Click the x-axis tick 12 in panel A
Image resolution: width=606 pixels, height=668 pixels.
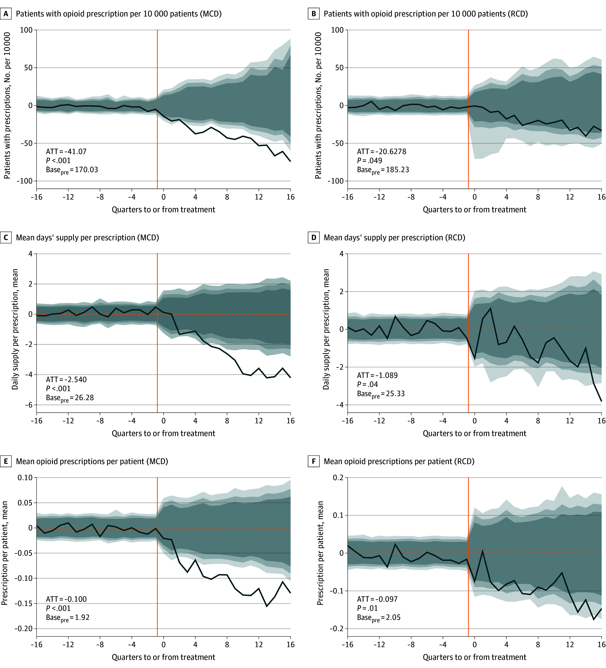coord(259,197)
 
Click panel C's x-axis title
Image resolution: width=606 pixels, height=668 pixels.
coord(163,433)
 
